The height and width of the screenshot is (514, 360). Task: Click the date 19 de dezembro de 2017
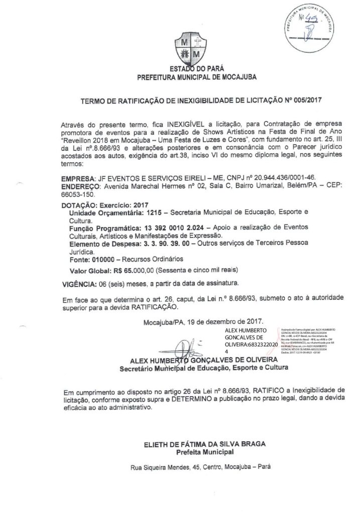[x=228, y=321]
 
